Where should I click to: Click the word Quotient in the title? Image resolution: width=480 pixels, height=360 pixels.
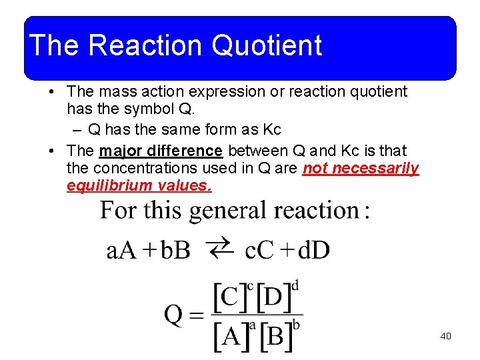(x=267, y=45)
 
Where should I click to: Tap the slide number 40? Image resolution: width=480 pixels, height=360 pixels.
(x=445, y=336)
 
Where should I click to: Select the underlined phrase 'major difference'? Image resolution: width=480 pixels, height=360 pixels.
(x=161, y=151)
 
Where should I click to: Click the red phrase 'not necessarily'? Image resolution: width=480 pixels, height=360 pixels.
(x=361, y=169)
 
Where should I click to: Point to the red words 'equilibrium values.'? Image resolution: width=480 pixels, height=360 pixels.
(x=139, y=186)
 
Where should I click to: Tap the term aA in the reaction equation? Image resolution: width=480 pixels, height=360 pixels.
(x=122, y=251)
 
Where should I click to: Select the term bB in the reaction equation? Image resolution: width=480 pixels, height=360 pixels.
(x=175, y=251)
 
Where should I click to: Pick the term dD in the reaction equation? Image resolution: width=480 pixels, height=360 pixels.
(x=313, y=251)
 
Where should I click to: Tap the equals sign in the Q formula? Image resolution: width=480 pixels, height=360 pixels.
(x=197, y=315)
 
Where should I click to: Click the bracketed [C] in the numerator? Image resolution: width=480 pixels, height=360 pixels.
(x=229, y=297)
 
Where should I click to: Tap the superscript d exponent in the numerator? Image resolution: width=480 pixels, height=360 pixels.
(x=295, y=286)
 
